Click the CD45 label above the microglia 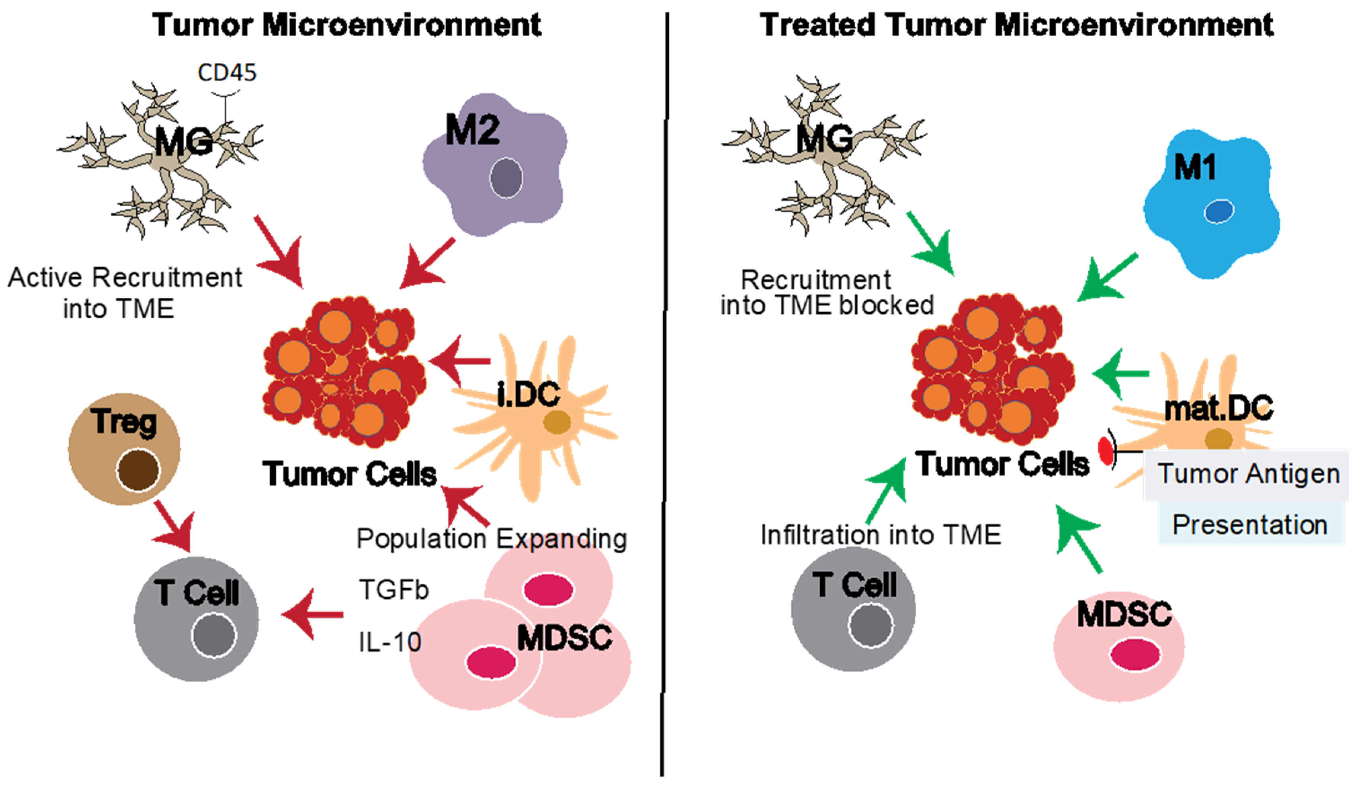[227, 73]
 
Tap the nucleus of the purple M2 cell [506, 177]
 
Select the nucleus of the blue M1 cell [1219, 211]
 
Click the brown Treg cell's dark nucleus [138, 470]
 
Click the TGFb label [393, 590]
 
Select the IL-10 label [390, 642]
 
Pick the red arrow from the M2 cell [427, 264]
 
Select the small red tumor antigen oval [1105, 451]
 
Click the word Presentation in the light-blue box [1250, 525]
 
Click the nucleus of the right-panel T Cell [871, 626]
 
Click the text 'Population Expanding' [492, 539]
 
